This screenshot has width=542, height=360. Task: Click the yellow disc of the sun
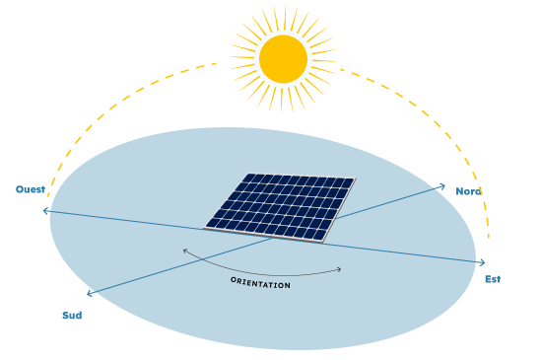284,59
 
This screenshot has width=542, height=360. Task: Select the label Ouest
30,189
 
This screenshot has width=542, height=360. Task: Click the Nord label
468,191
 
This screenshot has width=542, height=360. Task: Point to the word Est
492,280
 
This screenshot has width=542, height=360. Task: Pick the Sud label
72,316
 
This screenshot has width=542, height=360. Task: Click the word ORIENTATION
260,283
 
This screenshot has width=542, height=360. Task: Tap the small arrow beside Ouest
46,210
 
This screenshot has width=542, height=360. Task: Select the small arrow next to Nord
440,185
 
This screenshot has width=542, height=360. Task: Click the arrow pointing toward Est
480,262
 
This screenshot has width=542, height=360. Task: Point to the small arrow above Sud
91,292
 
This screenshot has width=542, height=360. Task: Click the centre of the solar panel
280,206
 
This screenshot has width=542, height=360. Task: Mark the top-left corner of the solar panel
248,174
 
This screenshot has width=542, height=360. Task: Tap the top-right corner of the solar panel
355,179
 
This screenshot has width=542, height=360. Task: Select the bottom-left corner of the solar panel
205,228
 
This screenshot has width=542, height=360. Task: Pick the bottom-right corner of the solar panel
322,241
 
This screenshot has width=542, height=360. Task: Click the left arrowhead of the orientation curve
184,251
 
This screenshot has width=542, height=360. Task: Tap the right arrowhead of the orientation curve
340,268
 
